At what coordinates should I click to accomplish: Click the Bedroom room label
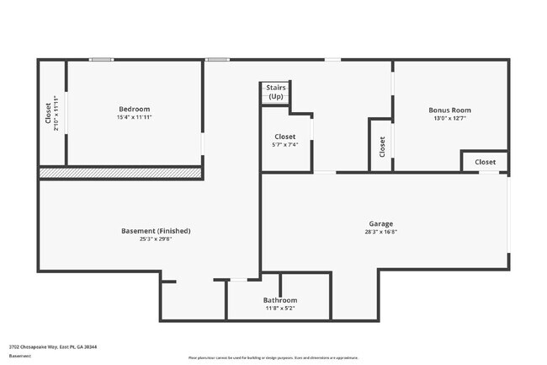[x=134, y=110]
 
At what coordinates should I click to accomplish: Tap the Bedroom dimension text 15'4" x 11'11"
[x=134, y=117]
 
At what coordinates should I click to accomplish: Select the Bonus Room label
[x=449, y=110]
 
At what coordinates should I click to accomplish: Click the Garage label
[x=380, y=223]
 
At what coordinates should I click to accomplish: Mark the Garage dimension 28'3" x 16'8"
[x=380, y=232]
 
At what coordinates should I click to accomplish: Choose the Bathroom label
[x=280, y=300]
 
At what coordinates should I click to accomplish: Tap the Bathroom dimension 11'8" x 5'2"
[x=280, y=308]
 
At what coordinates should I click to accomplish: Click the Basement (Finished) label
[x=156, y=230]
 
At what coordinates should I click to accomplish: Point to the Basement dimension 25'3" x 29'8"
[x=156, y=239]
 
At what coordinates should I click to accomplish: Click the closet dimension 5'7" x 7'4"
[x=284, y=145]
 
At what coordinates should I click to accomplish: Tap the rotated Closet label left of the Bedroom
[x=48, y=113]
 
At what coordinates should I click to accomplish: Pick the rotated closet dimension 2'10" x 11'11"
[x=56, y=113]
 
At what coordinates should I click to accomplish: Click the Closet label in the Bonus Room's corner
[x=486, y=162]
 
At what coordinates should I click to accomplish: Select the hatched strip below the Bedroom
[x=120, y=173]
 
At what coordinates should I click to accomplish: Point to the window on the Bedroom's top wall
[x=102, y=59]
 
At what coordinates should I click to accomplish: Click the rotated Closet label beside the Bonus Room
[x=382, y=147]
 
